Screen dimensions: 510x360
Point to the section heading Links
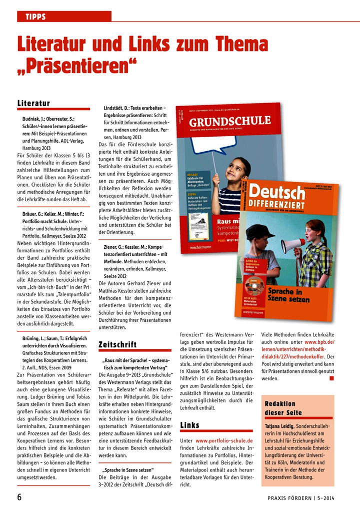coord(189,425)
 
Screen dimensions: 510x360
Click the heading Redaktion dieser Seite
coord(283,408)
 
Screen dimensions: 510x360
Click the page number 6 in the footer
coord(19,497)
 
